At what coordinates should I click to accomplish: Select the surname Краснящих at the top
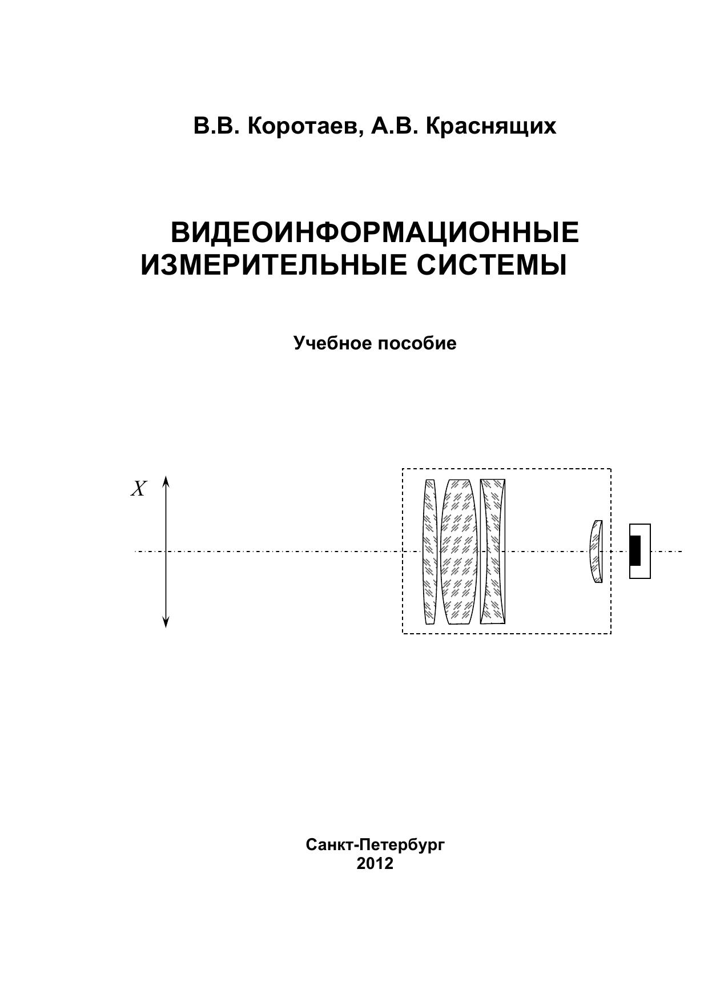pyautogui.click(x=491, y=127)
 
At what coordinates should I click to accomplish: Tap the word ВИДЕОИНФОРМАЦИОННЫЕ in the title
pyautogui.click(x=375, y=232)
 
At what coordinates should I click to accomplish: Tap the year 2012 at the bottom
pyautogui.click(x=375, y=863)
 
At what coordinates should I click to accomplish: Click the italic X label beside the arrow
pyautogui.click(x=139, y=489)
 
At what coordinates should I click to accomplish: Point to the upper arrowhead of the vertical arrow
pyautogui.click(x=166, y=480)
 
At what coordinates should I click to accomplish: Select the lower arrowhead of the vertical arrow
pyautogui.click(x=166, y=622)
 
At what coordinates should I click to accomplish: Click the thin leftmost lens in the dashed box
pyautogui.click(x=430, y=552)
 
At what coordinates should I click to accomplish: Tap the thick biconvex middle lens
pyautogui.click(x=459, y=552)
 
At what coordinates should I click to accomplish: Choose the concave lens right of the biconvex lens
pyautogui.click(x=493, y=552)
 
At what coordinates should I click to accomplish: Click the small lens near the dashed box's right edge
pyautogui.click(x=596, y=552)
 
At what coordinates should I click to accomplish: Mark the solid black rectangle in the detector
pyautogui.click(x=635, y=551)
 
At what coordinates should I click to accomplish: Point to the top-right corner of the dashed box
pyautogui.click(x=611, y=469)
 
